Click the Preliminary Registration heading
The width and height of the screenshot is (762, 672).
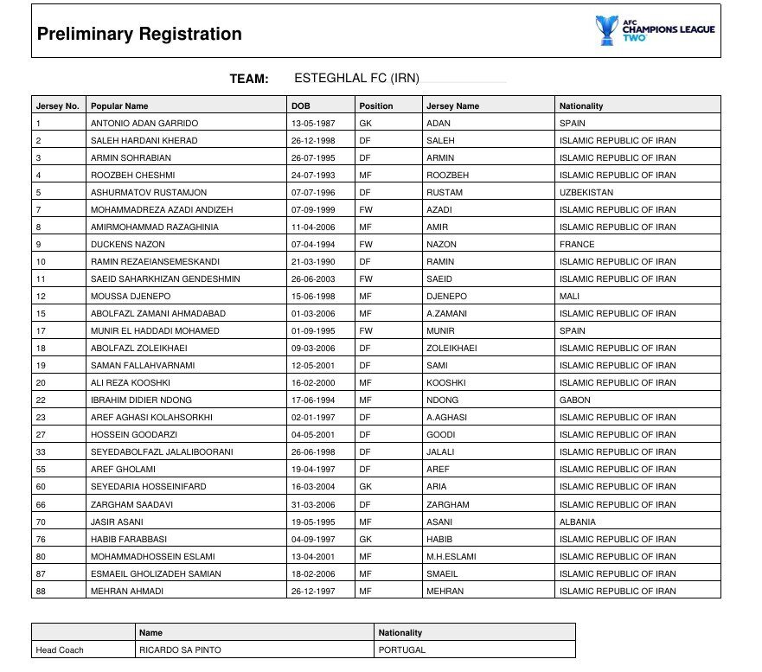click(139, 35)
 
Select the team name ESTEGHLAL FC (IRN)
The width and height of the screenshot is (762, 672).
click(356, 78)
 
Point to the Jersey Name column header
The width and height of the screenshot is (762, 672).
click(453, 106)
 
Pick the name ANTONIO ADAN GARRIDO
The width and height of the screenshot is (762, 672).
click(144, 123)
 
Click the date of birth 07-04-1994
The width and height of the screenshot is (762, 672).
click(313, 244)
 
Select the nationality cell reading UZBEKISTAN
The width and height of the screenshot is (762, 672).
click(586, 192)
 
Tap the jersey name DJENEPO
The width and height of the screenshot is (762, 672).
click(447, 296)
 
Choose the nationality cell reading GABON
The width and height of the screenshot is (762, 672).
click(575, 400)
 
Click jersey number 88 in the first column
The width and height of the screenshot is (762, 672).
click(41, 591)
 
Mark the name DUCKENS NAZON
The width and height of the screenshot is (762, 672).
click(128, 244)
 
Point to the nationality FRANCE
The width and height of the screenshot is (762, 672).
click(577, 244)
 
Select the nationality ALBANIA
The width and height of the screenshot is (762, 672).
click(578, 522)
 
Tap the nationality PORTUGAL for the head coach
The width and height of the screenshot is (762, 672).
click(402, 650)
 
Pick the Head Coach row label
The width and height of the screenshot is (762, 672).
click(60, 650)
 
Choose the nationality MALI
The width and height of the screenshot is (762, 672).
click(571, 296)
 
